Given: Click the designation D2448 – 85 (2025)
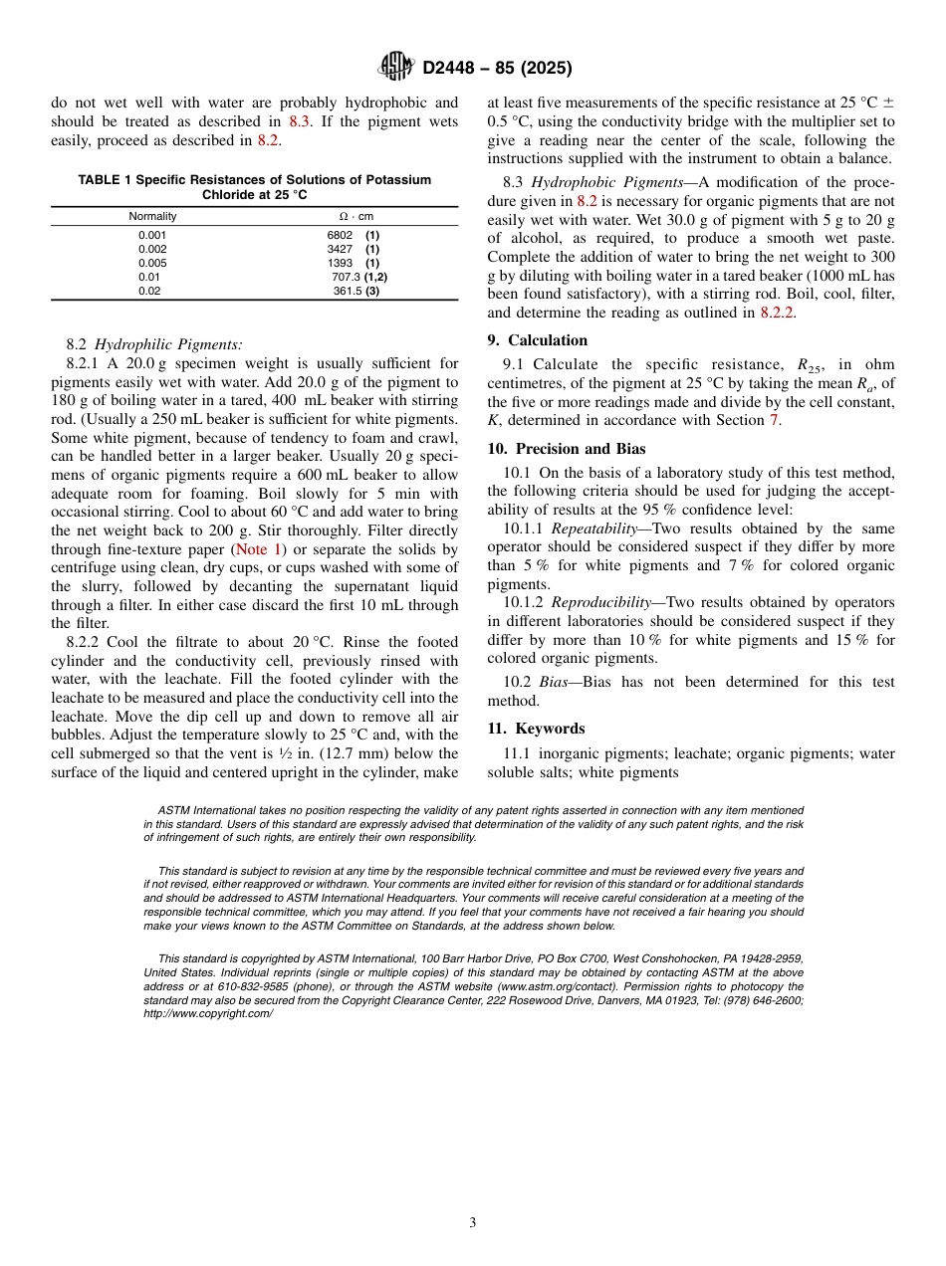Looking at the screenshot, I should coord(496,68).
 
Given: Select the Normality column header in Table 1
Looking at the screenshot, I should coord(152,216).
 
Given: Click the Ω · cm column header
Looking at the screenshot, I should coord(355,216).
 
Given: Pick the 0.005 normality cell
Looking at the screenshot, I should coord(152,263).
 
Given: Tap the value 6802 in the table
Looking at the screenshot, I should coord(341,235).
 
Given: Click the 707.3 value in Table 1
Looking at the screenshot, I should coord(346,277).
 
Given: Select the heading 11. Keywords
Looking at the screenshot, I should coord(536,729).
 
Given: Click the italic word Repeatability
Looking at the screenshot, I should coord(593,528).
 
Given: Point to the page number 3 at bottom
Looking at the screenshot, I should coord(473,1222).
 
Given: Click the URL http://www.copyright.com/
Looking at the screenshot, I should coord(207,1013).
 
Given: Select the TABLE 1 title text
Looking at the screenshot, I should coord(254,187).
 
